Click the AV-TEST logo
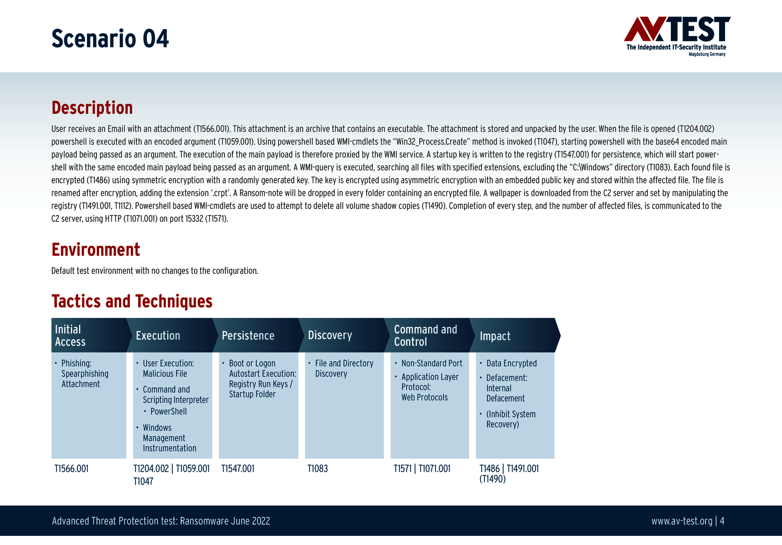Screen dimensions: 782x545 point(677,36)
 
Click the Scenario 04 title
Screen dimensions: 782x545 point(110,39)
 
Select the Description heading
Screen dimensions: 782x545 point(92,108)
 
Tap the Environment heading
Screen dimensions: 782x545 point(96,250)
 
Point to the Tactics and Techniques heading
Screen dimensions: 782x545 point(132,301)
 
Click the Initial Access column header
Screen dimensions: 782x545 point(70,335)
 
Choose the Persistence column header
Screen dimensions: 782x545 point(248,336)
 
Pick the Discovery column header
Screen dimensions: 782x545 point(330,335)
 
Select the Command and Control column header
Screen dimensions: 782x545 point(426,335)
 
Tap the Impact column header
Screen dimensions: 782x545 point(495,336)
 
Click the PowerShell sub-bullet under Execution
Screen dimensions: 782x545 point(169,411)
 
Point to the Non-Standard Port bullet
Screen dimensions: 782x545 point(432,363)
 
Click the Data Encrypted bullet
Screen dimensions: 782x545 point(511,363)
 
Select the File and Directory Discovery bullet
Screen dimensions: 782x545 point(344,368)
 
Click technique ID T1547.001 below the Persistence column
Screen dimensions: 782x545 point(238,469)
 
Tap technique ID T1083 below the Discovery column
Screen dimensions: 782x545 point(318,469)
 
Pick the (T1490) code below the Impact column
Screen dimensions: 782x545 point(493,479)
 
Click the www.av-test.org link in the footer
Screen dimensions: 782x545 point(682,521)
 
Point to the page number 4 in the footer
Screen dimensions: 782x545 point(722,521)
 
